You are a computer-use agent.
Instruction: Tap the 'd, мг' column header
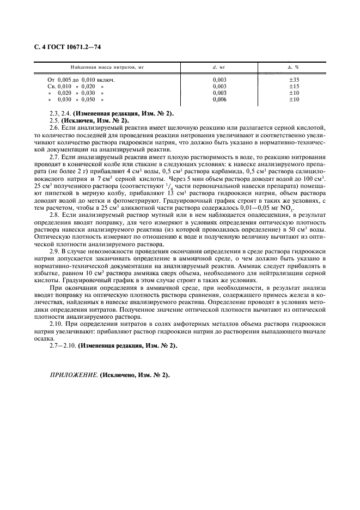tap(222, 66)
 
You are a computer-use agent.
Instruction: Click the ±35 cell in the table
tap(294, 80)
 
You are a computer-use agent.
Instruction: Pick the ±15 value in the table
tap(294, 86)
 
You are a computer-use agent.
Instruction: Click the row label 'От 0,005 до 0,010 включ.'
tap(83, 80)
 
